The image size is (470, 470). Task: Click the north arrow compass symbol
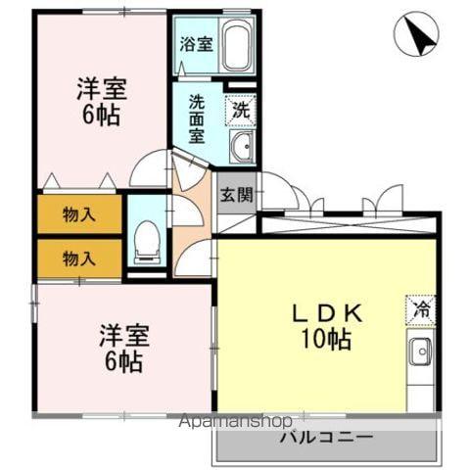point(416,36)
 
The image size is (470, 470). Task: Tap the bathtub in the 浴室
point(238,45)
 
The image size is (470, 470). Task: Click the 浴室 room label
point(196,43)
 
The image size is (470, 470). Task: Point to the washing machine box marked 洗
point(241,110)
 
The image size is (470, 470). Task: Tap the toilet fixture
point(147,237)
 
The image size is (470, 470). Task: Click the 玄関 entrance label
point(235,194)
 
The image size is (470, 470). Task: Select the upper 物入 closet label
point(79,214)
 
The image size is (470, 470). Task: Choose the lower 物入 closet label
point(79,258)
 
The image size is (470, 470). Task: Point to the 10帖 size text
point(325,341)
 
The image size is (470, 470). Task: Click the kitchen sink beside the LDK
point(421,350)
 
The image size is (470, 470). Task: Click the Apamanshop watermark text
point(235,423)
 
